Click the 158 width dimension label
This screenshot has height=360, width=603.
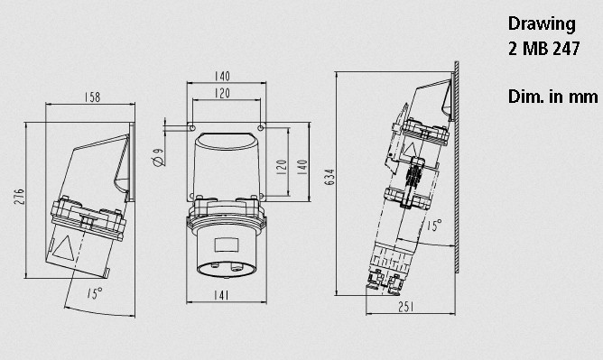click(x=92, y=97)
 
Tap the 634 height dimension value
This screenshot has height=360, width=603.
click(x=329, y=177)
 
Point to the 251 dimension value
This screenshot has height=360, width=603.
click(x=406, y=307)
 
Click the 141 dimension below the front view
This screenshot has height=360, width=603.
click(x=221, y=295)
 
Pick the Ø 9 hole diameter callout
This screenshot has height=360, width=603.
click(x=159, y=158)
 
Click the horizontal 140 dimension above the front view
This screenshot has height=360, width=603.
click(x=222, y=76)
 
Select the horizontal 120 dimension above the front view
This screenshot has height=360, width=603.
click(x=222, y=93)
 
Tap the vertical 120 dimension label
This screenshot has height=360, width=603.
click(x=282, y=168)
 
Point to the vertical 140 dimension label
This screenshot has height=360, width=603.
click(x=302, y=168)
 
